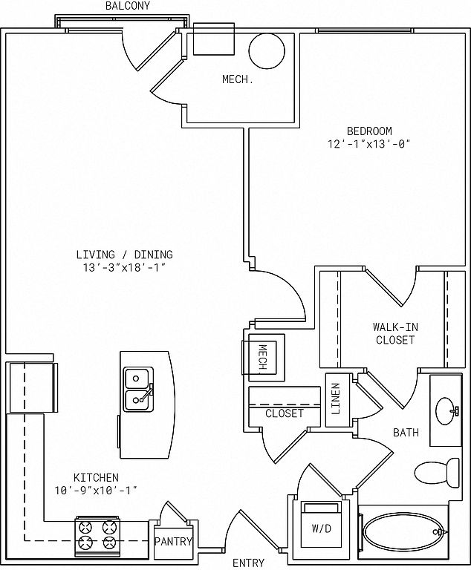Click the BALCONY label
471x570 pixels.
click(x=127, y=6)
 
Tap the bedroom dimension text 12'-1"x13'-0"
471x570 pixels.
click(x=369, y=144)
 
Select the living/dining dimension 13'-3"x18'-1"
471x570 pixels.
click(x=125, y=267)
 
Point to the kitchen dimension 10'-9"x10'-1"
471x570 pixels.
click(x=96, y=491)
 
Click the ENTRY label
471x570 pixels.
click(x=248, y=563)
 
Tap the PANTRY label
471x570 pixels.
click(x=173, y=541)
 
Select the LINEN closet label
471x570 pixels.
click(x=336, y=399)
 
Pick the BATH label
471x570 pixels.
click(x=406, y=432)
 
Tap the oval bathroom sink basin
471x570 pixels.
click(x=446, y=410)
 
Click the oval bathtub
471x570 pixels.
click(x=403, y=532)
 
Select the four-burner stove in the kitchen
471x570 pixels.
click(x=97, y=536)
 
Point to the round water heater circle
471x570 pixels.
click(x=267, y=51)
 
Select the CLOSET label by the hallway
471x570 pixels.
click(x=285, y=413)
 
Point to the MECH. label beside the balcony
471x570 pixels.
click(x=238, y=79)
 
